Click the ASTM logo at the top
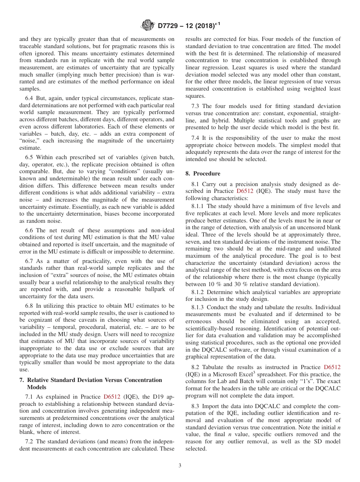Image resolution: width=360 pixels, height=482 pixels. tap(147, 26)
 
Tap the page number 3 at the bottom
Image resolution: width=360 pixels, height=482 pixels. tap(180, 465)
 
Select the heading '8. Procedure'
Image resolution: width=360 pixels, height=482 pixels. tap(203, 174)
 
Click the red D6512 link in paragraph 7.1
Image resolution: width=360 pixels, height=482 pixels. tap(112, 397)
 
